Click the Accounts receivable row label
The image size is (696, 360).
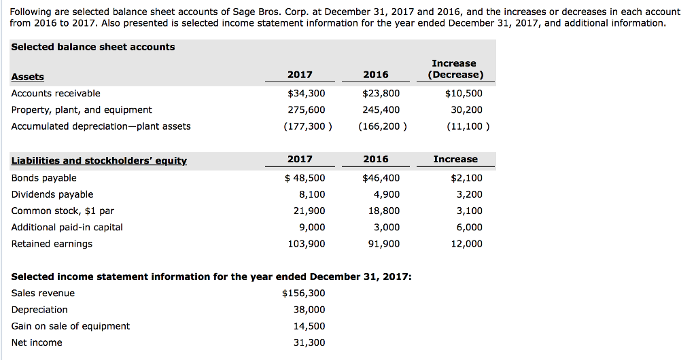pyautogui.click(x=56, y=93)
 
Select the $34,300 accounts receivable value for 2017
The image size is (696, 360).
pyautogui.click(x=307, y=93)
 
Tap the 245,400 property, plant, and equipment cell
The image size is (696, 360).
pyautogui.click(x=381, y=109)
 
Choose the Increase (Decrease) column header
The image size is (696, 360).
pyautogui.click(x=455, y=69)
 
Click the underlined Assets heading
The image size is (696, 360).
pyautogui.click(x=28, y=77)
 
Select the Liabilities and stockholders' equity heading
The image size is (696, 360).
pyautogui.click(x=99, y=160)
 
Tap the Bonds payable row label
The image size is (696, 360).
pyautogui.click(x=44, y=178)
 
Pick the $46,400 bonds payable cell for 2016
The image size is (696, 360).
pyautogui.click(x=381, y=178)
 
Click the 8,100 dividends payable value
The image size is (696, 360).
pyautogui.click(x=312, y=194)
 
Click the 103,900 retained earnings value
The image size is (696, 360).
pyautogui.click(x=307, y=244)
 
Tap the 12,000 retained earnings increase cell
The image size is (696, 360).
pyautogui.click(x=467, y=244)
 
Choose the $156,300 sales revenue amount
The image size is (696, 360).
pyautogui.click(x=303, y=293)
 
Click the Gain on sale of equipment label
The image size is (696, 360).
pyautogui.click(x=71, y=326)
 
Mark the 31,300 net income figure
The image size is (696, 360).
pyautogui.click(x=309, y=342)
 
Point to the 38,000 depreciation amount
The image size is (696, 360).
pyautogui.click(x=309, y=310)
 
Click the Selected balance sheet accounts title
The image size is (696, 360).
pyautogui.click(x=93, y=47)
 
